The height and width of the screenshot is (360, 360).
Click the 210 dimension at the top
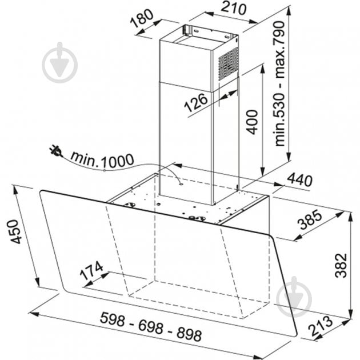pos(234,9)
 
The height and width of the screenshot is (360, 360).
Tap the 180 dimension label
pos(142,18)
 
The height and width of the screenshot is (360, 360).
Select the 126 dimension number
pos(196,102)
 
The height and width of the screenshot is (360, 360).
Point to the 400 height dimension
pos(252,122)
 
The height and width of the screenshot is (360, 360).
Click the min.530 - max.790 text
pos(279,83)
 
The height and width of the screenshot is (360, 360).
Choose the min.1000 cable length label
pos(102,159)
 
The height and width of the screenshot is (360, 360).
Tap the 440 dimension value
pos(299,179)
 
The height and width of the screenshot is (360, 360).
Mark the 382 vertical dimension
pos(341,266)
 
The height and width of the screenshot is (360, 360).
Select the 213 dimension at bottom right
pos(321,326)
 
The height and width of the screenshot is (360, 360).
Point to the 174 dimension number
pos(91,270)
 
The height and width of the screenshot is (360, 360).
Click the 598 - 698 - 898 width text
pos(151,326)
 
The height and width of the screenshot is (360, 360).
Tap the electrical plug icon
pos(56,151)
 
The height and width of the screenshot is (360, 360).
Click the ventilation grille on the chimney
pos(228,63)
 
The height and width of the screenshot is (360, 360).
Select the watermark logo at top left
pos(59,62)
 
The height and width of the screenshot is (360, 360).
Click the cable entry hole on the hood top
pos(181,183)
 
